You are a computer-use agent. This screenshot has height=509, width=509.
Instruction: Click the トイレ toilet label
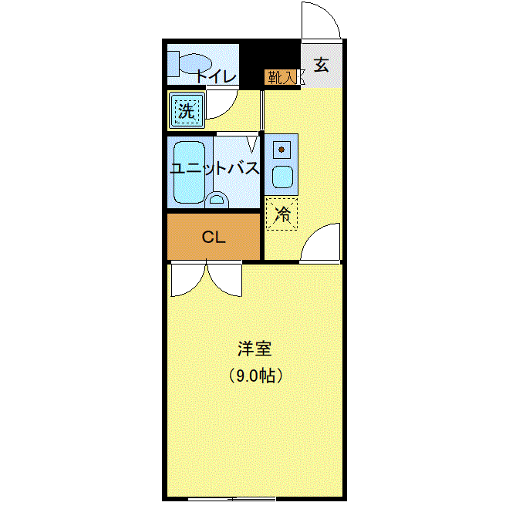[x=216, y=76]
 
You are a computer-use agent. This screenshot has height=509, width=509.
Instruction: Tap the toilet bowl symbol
[x=195, y=63]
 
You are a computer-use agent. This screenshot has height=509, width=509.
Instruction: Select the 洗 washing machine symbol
[x=187, y=110]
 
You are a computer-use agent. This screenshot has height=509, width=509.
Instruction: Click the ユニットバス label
[x=214, y=168]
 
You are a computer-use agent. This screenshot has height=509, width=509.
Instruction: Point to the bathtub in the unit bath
[x=189, y=172]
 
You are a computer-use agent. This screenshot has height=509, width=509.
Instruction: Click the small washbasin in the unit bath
[x=217, y=200]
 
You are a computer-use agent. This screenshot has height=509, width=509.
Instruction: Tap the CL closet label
[x=214, y=238]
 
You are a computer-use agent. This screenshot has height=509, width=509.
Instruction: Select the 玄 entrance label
[x=321, y=65]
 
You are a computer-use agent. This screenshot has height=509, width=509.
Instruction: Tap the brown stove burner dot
[x=281, y=150]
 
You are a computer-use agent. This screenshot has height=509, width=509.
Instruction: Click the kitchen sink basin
[x=282, y=177]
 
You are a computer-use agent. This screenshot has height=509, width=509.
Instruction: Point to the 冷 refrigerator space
[x=281, y=214]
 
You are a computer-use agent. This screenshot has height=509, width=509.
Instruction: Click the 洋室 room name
[x=254, y=349]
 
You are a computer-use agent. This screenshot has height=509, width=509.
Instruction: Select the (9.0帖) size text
[x=255, y=376]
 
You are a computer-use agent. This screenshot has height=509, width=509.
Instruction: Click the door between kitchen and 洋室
[x=320, y=242]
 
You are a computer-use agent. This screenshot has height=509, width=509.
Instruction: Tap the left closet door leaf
[x=189, y=279]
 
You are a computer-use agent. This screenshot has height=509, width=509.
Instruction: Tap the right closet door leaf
[x=224, y=279]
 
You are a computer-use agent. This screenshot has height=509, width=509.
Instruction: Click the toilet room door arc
[x=221, y=103]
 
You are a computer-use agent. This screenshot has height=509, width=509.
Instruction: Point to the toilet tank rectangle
[x=174, y=63]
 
